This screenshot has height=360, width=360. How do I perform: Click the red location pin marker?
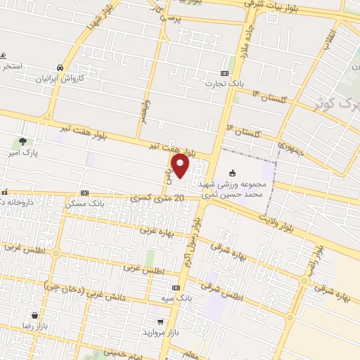pos(181,166)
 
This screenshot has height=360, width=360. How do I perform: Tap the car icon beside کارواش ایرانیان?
pos(60,67)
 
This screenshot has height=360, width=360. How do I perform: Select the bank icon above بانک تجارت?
pos(225,73)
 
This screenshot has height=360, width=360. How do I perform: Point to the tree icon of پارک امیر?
pos(23,141)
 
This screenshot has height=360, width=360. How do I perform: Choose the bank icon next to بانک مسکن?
pos(84,193)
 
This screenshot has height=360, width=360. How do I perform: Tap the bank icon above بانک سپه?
pos(176,288)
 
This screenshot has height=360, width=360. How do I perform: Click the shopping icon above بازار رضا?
pos(34,316)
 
